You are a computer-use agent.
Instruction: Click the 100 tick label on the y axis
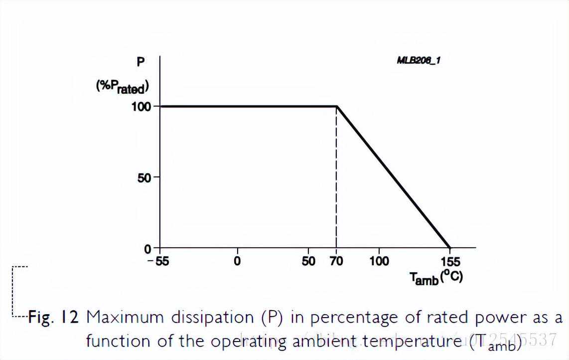click(x=142, y=106)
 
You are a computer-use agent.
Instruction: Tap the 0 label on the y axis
click(x=148, y=248)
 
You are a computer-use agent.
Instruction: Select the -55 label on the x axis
click(x=158, y=261)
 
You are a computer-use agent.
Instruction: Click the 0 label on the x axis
click(x=237, y=261)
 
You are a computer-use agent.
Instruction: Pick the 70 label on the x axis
click(x=336, y=261)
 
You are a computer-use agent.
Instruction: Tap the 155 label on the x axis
click(x=450, y=261)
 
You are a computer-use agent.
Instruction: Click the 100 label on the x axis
click(x=379, y=261)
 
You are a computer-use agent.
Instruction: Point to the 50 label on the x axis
click(x=309, y=261)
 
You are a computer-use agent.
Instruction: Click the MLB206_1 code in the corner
click(x=419, y=60)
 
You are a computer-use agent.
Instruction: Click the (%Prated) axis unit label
click(x=123, y=87)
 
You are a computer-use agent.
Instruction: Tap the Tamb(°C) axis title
click(x=436, y=277)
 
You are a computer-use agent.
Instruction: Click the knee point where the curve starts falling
click(x=337, y=106)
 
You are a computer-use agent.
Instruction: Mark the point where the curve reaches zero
click(x=450, y=248)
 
